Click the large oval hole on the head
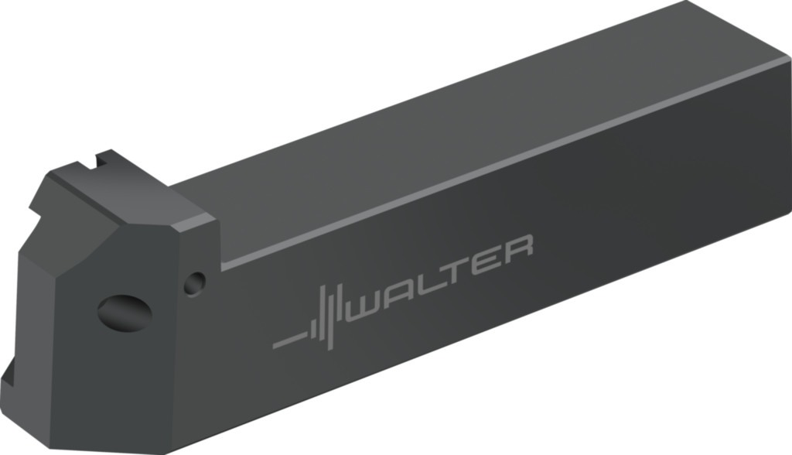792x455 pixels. click(124, 313)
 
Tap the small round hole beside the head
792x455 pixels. click(194, 282)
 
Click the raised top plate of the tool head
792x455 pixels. click(124, 193)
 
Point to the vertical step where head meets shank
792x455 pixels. click(219, 244)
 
